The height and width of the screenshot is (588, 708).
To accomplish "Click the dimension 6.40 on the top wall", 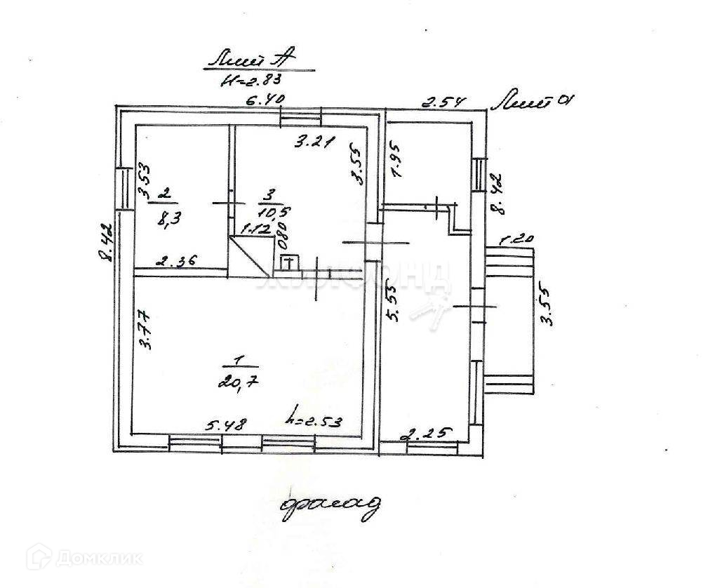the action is (264, 100).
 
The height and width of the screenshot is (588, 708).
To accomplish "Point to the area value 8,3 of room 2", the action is (166, 217).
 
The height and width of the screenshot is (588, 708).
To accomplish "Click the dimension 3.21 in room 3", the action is (311, 143).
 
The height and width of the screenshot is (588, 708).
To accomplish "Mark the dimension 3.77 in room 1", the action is (145, 330).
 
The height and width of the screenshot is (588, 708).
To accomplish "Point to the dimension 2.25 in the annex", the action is (425, 434).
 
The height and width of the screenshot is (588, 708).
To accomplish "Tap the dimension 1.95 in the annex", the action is (396, 163).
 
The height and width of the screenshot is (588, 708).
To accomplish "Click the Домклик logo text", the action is (100, 559).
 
